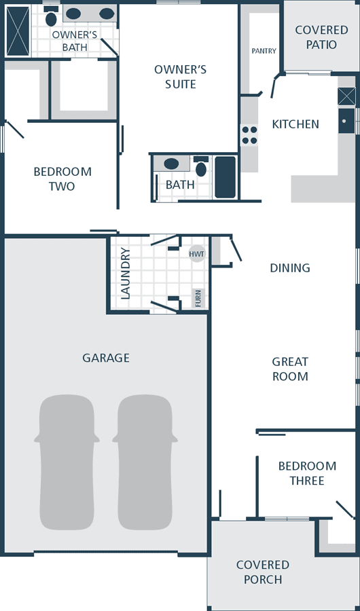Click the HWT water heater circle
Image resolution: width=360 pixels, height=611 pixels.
(197, 254)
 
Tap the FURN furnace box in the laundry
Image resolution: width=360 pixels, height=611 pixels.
(198, 298)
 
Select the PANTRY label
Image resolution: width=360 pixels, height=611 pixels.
(264, 51)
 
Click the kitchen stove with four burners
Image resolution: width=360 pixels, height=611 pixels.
(249, 135)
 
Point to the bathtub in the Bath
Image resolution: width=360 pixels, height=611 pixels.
(226, 177)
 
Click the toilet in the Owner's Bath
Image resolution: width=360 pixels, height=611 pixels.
(51, 16)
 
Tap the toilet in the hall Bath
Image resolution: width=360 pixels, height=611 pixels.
(201, 166)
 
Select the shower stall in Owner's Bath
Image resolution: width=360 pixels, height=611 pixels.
(18, 31)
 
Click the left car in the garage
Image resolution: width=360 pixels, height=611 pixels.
(67, 462)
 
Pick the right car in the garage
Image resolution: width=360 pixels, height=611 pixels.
(145, 462)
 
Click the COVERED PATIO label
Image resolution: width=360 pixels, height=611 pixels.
(321, 37)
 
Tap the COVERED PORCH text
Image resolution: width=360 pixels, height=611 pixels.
(263, 572)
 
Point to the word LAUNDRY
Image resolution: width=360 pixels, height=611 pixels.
(125, 274)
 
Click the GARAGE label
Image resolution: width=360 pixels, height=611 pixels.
(106, 358)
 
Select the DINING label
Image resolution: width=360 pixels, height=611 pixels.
(290, 267)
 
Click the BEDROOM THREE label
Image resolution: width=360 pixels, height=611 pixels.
(307, 473)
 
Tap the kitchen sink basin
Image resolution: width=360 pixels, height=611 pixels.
(346, 121)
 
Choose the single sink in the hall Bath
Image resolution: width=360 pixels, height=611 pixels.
(171, 164)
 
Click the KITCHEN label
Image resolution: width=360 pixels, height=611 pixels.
(295, 124)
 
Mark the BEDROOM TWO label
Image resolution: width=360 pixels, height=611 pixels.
(62, 179)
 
